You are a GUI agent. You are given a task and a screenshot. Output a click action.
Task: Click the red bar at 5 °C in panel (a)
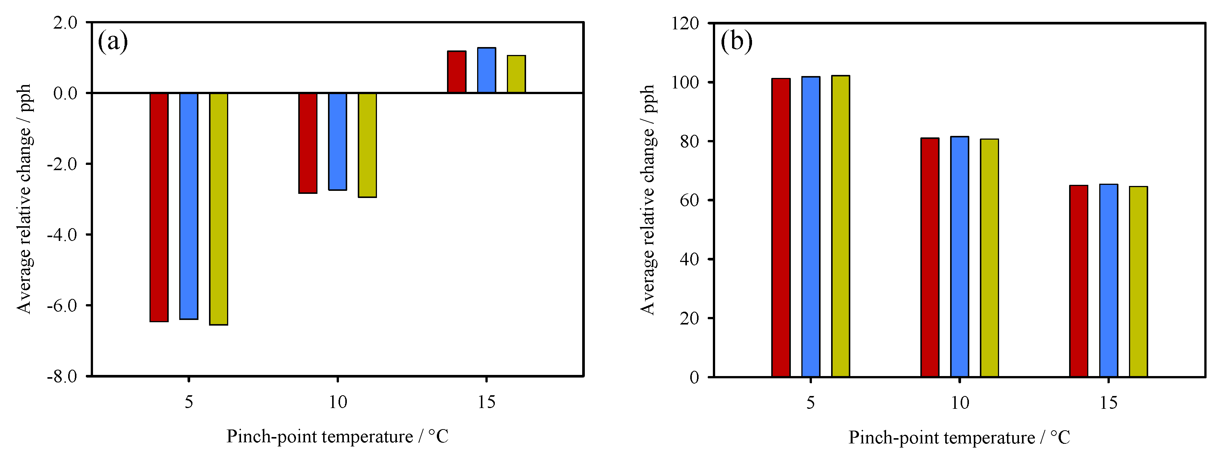coord(159,207)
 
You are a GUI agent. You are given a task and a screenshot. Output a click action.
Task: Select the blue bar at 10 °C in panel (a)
coord(337,142)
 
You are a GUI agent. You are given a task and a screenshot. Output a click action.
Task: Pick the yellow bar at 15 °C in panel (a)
coord(516,74)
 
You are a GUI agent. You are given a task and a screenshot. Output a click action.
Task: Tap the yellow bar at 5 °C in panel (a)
coord(219,209)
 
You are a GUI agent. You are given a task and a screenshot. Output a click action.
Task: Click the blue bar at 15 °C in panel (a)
coord(486,70)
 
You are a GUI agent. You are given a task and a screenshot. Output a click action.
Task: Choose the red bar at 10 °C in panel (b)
coord(930,257)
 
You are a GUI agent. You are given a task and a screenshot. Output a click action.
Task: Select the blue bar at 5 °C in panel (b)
coord(811,227)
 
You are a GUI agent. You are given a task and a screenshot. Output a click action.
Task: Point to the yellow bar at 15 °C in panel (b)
coord(1138,282)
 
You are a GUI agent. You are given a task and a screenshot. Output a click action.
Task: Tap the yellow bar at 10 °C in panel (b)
coord(990,258)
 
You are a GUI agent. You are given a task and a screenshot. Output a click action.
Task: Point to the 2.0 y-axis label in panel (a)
coord(65,23)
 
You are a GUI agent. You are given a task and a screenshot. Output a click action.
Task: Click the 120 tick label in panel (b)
coord(685,23)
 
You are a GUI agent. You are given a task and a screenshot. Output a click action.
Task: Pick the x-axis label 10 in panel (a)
coord(338,403)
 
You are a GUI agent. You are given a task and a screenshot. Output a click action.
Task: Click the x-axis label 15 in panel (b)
coord(1109,403)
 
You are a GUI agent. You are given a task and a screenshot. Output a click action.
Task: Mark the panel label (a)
coord(113,42)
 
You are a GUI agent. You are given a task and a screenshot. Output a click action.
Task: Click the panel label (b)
coord(736,42)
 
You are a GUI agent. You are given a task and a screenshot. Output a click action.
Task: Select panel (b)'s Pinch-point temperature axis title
coord(959,437)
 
